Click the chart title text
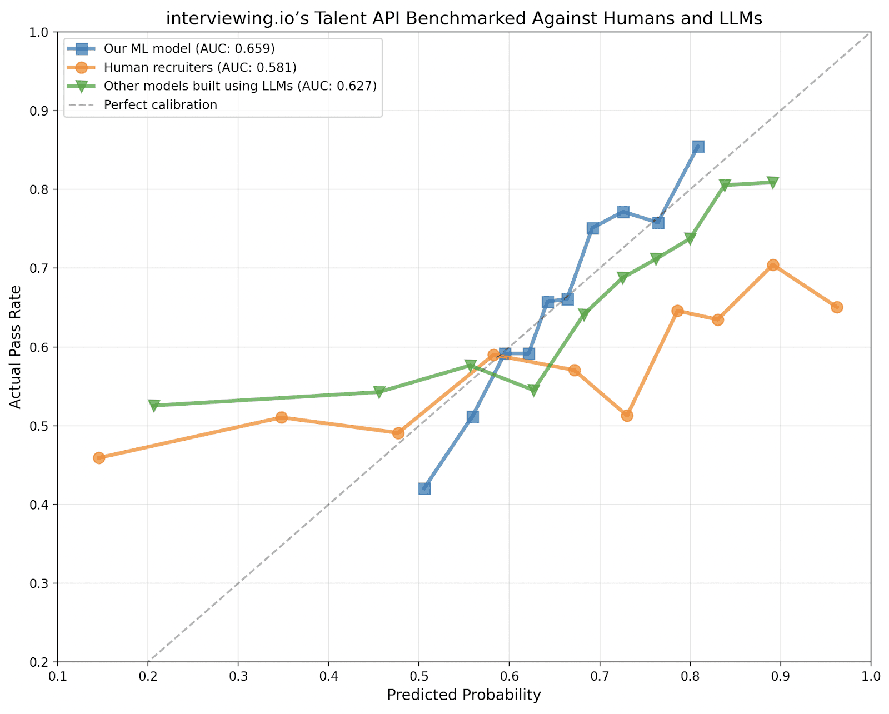click(464, 18)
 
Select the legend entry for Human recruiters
click(200, 67)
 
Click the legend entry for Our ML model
click(189, 48)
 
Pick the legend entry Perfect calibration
click(160, 105)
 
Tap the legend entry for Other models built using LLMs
click(240, 86)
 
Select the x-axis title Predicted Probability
click(464, 695)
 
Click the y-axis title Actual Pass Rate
click(16, 347)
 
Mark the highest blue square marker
click(698, 147)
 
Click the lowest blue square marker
click(424, 488)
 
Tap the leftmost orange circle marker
click(99, 458)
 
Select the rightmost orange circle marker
click(837, 307)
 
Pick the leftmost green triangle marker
click(154, 405)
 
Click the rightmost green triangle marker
click(773, 182)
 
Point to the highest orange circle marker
click(773, 265)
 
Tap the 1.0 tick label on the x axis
click(871, 676)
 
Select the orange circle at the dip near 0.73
click(627, 415)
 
